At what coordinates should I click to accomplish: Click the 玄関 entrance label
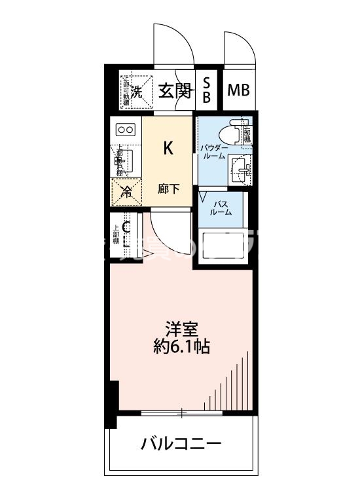174,91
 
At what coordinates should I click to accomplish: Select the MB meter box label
238,90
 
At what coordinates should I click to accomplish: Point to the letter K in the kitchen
168,148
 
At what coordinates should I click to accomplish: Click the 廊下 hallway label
168,189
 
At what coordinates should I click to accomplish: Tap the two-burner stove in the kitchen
126,130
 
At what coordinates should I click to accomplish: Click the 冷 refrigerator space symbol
126,192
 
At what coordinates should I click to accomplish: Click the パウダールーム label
213,151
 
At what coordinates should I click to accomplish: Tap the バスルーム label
221,208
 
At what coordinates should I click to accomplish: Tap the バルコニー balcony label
181,445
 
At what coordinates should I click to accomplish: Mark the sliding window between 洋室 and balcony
183,412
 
